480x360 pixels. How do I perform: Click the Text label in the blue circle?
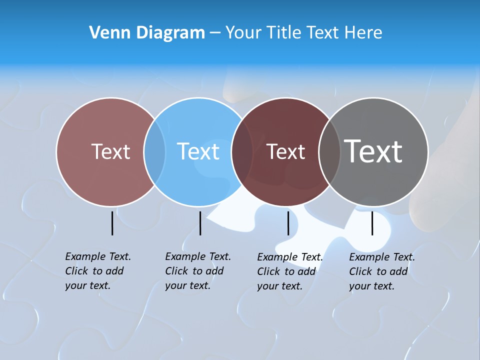(x=198, y=151)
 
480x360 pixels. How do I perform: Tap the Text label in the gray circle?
(x=373, y=151)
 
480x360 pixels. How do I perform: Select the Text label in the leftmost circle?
(x=110, y=151)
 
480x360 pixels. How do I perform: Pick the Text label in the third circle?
(x=285, y=151)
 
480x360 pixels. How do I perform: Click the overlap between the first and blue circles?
(x=154, y=151)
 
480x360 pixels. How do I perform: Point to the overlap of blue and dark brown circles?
(x=242, y=151)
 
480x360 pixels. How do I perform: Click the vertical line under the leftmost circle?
(x=112, y=223)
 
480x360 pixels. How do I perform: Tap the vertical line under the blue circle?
(x=200, y=223)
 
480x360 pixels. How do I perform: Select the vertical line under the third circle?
(x=288, y=223)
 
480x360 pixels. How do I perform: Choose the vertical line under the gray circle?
(x=372, y=223)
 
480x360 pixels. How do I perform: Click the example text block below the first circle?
(x=97, y=271)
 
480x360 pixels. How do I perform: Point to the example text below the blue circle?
(x=197, y=271)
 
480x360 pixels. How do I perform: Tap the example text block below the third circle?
(x=289, y=271)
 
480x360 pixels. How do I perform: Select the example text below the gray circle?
(x=381, y=271)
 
